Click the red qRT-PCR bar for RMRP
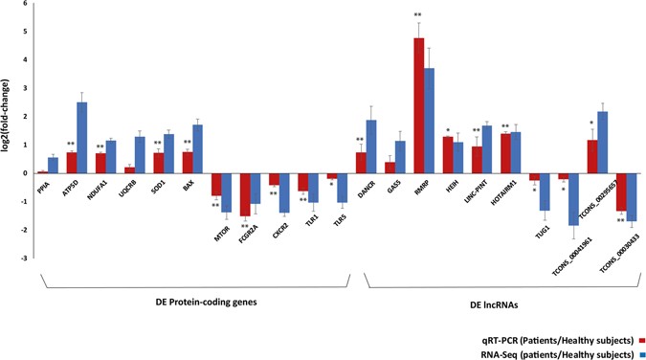pyautogui.click(x=419, y=105)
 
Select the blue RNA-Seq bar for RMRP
pyautogui.click(x=431, y=121)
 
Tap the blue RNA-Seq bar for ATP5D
pyautogui.click(x=83, y=138)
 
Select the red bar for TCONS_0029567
pyautogui.click(x=593, y=157)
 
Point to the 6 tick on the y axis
pyautogui.click(x=29, y=5)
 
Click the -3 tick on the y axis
pyautogui.click(x=28, y=258)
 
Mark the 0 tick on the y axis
pyautogui.click(x=29, y=173)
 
